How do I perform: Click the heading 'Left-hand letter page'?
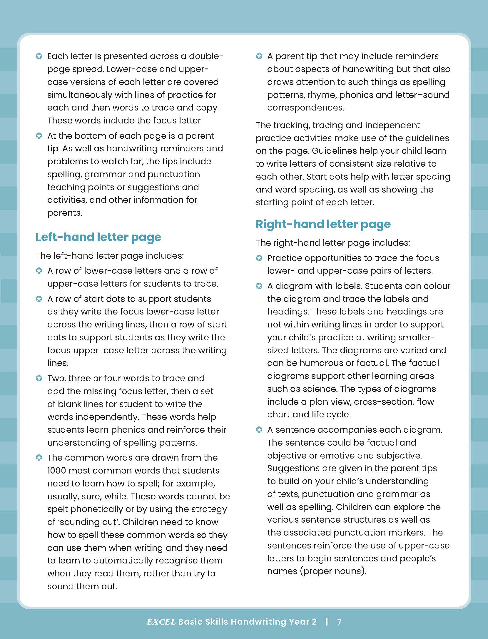98,237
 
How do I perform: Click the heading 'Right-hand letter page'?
323,224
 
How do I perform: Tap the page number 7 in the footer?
339,622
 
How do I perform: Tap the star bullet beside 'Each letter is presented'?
39,56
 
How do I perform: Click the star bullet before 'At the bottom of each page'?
39,136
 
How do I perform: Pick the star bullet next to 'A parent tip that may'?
259,56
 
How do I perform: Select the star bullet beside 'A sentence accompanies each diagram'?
259,430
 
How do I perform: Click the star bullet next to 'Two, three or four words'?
39,378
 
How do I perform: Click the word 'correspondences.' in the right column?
305,108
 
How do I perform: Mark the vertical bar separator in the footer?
327,622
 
